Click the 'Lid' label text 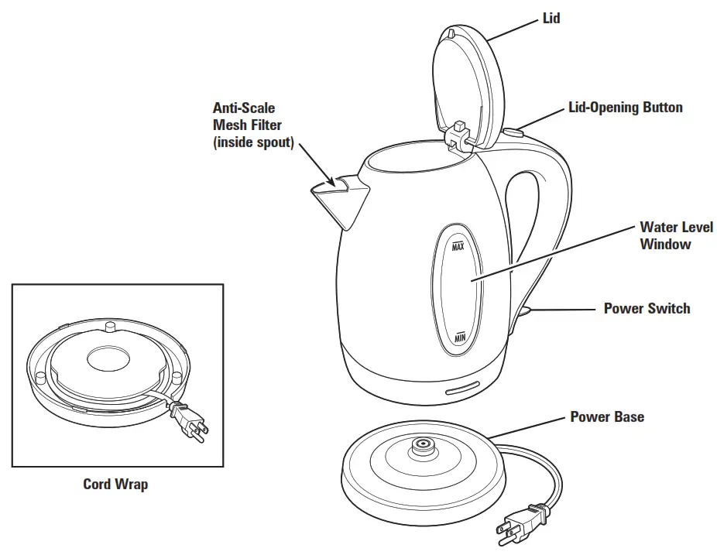coord(551,18)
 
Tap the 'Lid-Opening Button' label coord(626,108)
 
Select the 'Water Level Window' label coord(665,235)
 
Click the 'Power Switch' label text coord(647,309)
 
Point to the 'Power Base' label coord(607,417)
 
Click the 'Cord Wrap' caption coord(115,485)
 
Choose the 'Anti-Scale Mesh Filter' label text coord(253,125)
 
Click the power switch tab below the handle coord(523,311)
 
